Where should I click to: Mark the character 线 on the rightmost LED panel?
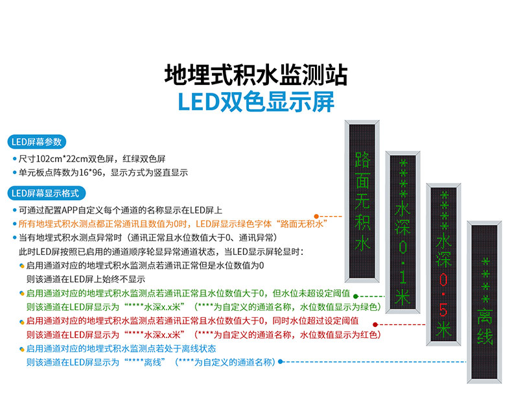click(485, 338)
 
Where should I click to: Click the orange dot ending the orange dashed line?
click(316, 216)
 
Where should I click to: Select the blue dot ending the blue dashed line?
click(280, 362)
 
